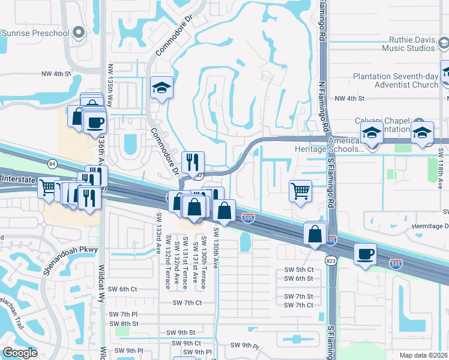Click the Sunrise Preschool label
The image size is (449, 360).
tap(35, 33)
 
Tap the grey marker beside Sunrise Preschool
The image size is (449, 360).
tap(78, 33)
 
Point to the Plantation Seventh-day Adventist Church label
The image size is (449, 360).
tap(396, 80)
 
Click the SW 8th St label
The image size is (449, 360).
tap(125, 323)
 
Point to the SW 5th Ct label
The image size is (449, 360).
tap(298, 270)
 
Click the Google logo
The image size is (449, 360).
tap(20, 353)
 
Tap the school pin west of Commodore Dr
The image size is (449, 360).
tap(161, 88)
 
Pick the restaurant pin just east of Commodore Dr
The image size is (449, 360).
tap(193, 162)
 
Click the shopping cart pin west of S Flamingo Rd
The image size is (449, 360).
tap(300, 191)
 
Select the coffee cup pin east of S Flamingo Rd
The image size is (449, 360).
tap(365, 254)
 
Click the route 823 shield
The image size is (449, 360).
tap(332, 260)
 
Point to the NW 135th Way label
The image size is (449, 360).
tap(110, 85)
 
